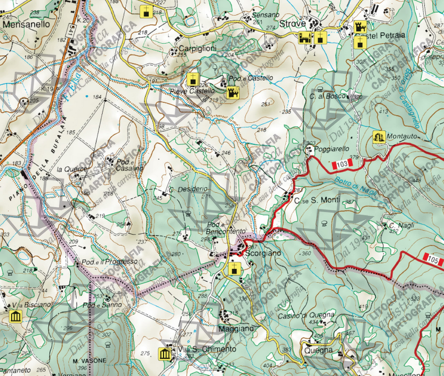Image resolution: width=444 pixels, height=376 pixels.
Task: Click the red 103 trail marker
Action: coord(342,164)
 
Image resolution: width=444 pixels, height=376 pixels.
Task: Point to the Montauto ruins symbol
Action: coord(378,137)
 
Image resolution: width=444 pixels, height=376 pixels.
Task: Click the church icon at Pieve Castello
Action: coord(192,79)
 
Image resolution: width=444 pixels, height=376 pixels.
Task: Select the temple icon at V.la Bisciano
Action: coord(16,317)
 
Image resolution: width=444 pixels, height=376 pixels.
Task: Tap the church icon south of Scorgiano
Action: coord(235,268)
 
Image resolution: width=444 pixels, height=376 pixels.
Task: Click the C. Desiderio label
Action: coord(188,189)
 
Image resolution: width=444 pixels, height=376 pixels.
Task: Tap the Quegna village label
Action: coord(319,350)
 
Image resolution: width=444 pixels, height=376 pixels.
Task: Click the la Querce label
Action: coord(72,169)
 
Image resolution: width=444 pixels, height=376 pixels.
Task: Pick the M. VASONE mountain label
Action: coord(89,360)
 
